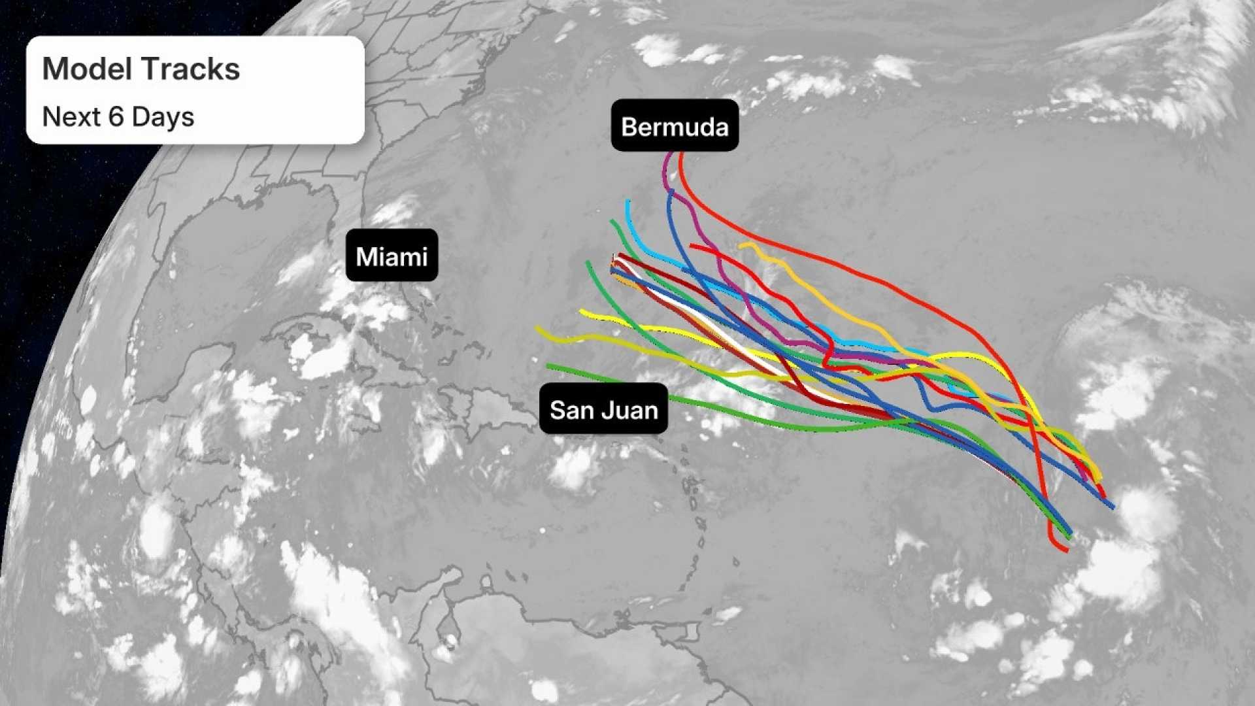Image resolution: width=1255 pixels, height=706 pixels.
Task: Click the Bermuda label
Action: tap(675, 126)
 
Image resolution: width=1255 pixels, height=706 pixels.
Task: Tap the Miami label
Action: tap(392, 256)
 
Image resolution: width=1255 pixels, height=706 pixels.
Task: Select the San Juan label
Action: tap(603, 410)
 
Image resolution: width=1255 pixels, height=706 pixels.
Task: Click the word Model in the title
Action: tap(88, 69)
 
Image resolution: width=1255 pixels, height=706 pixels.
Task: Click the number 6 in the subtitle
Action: tap(116, 117)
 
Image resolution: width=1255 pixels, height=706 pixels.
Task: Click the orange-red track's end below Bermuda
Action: tap(681, 154)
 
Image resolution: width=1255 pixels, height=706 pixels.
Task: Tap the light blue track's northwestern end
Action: tap(627, 201)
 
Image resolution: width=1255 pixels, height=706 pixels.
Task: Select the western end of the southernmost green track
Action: tap(548, 365)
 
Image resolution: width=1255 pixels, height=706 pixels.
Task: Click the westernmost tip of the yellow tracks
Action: tap(537, 328)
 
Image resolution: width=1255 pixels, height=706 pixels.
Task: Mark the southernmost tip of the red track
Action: tap(1067, 551)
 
